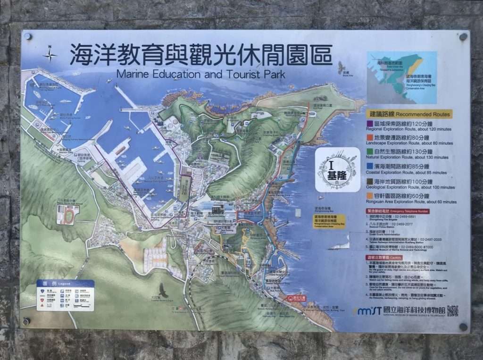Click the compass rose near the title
[50, 54]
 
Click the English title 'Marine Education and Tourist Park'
[200, 75]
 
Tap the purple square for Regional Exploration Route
[370, 124]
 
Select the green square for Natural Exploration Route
[370, 152]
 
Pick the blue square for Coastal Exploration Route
[370, 166]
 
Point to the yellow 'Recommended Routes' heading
[409, 114]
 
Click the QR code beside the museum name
[452, 311]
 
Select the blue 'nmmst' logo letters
[368, 311]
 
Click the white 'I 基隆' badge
[337, 170]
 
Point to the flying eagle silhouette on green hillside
[164, 290]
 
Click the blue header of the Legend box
[66, 283]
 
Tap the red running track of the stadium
[67, 215]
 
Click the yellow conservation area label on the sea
[329, 221]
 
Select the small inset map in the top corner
[401, 77]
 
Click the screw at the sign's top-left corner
[28, 36]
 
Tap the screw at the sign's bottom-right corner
[463, 327]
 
